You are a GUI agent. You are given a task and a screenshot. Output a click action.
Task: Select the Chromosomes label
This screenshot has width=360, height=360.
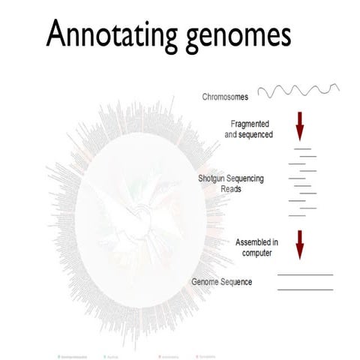pos(225,97)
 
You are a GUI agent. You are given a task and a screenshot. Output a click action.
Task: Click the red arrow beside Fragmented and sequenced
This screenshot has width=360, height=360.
pos(300,125)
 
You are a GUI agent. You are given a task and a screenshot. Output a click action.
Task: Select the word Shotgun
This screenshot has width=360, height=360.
pos(213,178)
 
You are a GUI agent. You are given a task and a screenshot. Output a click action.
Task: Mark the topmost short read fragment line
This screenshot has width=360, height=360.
pos(301,148)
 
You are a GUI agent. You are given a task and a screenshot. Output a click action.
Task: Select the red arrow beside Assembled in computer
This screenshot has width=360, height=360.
pos(299,244)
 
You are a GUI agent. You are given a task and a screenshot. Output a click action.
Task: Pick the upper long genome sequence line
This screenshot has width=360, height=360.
pos(304,276)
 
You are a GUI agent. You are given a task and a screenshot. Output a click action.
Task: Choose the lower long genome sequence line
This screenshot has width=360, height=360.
pos(304,289)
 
